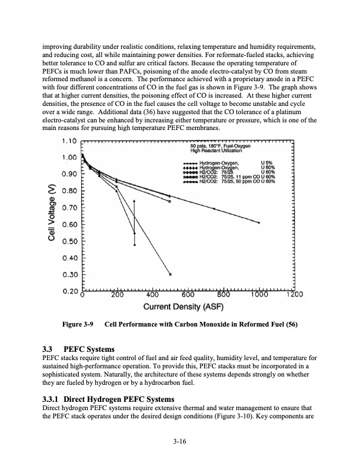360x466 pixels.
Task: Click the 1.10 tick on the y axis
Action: coord(69,142)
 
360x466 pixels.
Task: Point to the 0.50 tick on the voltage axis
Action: coord(69,241)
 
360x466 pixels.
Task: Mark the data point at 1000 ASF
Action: coord(259,222)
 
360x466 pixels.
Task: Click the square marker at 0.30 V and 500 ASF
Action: coord(171,274)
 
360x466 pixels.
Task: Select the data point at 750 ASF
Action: coord(214,209)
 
